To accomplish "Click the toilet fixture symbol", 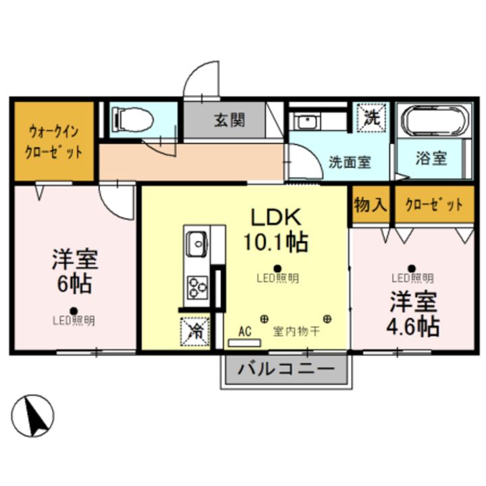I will pyautogui.click(x=133, y=120).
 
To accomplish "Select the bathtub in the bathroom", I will pyautogui.click(x=433, y=122).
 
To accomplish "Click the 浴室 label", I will pyautogui.click(x=431, y=159).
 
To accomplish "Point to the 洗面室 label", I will pyautogui.click(x=349, y=162).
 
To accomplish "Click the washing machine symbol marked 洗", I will pyautogui.click(x=372, y=117).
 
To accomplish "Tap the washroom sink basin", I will pyautogui.click(x=306, y=122).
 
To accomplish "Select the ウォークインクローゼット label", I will pyautogui.click(x=54, y=141).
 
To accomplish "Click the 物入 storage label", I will pyautogui.click(x=370, y=205).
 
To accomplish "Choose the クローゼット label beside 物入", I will pyautogui.click(x=434, y=205).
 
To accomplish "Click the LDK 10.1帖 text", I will pyautogui.click(x=275, y=230).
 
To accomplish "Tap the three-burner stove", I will pyautogui.click(x=197, y=287).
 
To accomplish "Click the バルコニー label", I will pyautogui.click(x=286, y=370).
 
